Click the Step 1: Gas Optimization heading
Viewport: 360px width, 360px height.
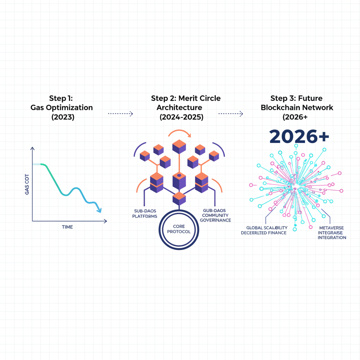pyautogui.click(x=62, y=108)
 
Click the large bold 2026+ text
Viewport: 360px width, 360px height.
pyautogui.click(x=299, y=137)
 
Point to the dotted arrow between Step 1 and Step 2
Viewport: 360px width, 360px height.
pyautogui.click(x=120, y=114)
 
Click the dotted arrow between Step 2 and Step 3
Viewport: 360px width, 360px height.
pyautogui.click(x=231, y=114)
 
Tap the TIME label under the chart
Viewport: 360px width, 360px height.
pyautogui.click(x=67, y=227)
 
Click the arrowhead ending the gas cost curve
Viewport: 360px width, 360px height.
pyautogui.click(x=99, y=210)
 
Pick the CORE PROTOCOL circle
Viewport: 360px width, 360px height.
pyautogui.click(x=179, y=229)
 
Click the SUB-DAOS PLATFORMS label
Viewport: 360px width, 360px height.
pyautogui.click(x=144, y=213)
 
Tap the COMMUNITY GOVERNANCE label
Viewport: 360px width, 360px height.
pyautogui.click(x=216, y=215)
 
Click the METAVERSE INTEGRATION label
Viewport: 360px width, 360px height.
pyautogui.click(x=332, y=233)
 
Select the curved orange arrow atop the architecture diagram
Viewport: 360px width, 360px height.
pyautogui.click(x=180, y=133)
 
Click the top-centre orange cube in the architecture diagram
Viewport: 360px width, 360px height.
pyautogui.click(x=179, y=146)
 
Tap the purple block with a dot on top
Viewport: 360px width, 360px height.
pyautogui.click(x=179, y=180)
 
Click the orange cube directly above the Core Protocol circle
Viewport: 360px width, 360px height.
pyautogui.click(x=179, y=198)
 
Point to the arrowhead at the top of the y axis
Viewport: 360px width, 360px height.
pyautogui.click(x=32, y=149)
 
